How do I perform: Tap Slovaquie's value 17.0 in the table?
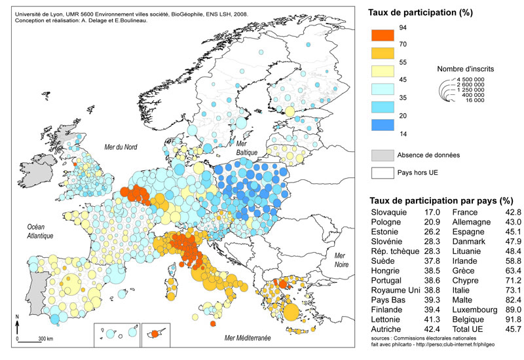[x=431, y=213]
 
